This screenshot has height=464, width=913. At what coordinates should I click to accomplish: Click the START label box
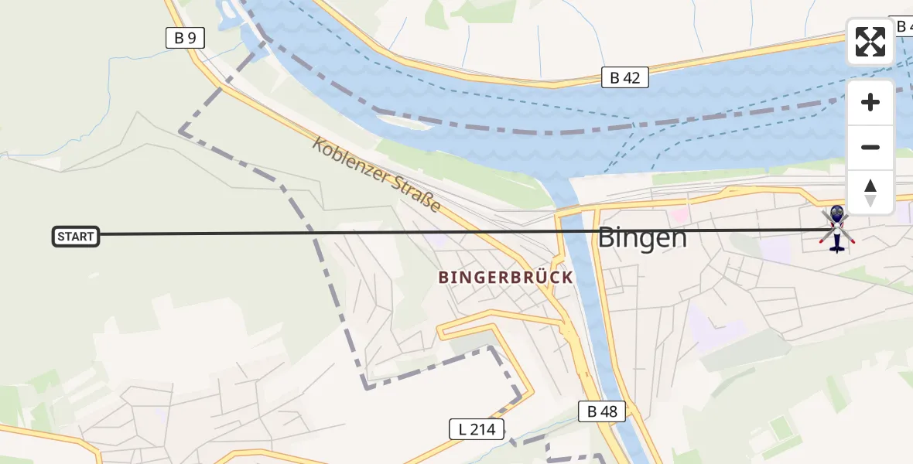coord(76,237)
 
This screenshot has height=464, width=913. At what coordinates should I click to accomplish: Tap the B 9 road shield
coord(185,37)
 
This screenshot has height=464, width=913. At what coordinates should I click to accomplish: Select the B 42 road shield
coord(624,77)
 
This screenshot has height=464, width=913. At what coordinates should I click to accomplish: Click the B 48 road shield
coord(602,411)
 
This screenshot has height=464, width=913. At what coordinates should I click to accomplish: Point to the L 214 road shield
coord(477,429)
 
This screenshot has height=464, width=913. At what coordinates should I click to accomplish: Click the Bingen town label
coord(642,237)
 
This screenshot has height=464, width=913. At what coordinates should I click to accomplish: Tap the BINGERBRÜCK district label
coord(506,277)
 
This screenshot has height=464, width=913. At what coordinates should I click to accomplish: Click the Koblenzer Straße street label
coord(377,175)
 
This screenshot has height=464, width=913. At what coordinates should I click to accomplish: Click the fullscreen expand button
coord(870,42)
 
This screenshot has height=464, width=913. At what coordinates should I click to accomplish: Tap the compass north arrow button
coord(870,192)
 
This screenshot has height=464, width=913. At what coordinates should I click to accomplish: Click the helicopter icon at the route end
coord(836,228)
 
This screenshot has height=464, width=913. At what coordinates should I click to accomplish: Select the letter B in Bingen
coord(607,237)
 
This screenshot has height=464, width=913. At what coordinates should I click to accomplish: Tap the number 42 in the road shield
coord(632,77)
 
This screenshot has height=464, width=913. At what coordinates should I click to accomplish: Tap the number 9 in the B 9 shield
coord(193,37)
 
